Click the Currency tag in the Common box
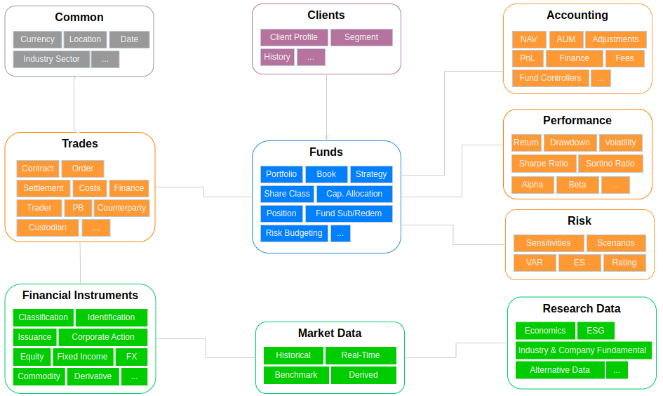coord(37,39)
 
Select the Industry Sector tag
coord(51,59)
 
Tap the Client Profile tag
coord(294,37)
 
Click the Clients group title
coord(326,15)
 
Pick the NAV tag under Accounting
coord(529,39)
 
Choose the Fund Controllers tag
coord(550,78)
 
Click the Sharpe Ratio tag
coord(543,164)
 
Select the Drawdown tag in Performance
coord(570,143)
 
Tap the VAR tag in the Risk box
coord(534,263)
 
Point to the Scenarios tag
coord(615,243)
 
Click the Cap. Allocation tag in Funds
coord(354,194)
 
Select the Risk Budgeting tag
coord(294,233)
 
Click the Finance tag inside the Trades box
coord(129,188)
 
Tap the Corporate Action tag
coord(103,337)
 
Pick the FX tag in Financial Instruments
coord(131,357)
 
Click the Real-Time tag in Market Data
coord(361,355)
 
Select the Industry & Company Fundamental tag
coord(582,350)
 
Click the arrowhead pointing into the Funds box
coord(326,138)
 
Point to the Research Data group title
coord(581,308)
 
